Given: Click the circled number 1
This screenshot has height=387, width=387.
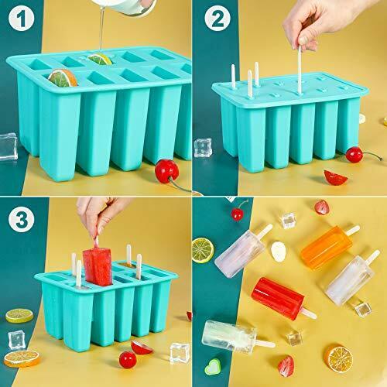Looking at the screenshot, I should tap(22, 22).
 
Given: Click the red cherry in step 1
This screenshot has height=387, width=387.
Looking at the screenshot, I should tap(166, 168).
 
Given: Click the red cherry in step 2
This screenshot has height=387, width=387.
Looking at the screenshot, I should tap(353, 154).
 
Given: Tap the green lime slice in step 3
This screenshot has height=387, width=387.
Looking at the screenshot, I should tap(19, 316).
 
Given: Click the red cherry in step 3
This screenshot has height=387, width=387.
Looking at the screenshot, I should tap(127, 359).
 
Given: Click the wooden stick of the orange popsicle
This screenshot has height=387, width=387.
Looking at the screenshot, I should tap(351, 230).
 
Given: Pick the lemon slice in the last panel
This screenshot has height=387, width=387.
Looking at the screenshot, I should tap(203, 248).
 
